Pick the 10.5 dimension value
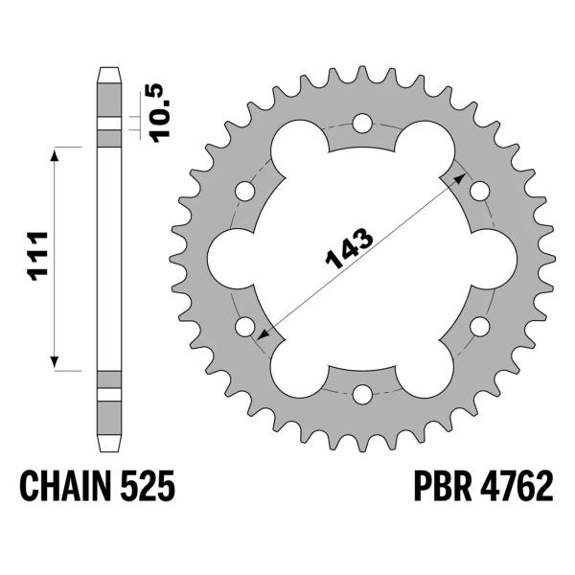(x=159, y=110)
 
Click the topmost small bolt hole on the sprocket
(x=362, y=123)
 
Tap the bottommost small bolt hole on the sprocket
(x=362, y=393)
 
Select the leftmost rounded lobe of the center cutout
(x=230, y=258)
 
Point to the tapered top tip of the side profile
(x=110, y=72)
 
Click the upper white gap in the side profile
(x=110, y=123)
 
